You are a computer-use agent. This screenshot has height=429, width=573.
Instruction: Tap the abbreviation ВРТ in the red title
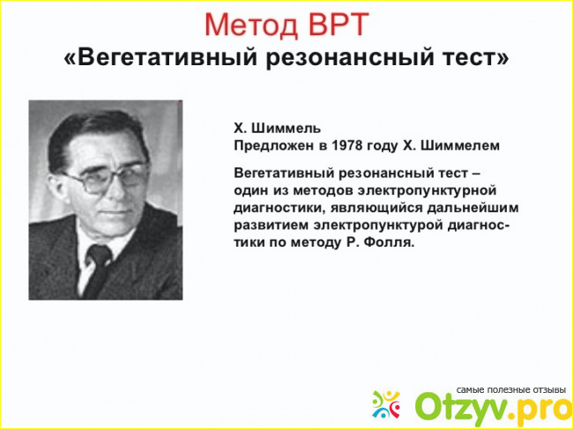[x=337, y=25]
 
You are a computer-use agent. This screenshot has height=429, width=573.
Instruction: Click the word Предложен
[x=273, y=146]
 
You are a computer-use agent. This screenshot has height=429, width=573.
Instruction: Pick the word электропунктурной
[x=427, y=191]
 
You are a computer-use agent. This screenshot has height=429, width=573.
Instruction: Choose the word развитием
[x=272, y=226]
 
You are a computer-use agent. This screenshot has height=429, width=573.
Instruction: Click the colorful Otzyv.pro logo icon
[x=386, y=404]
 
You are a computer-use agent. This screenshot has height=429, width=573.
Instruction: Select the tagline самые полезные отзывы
[x=511, y=390]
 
